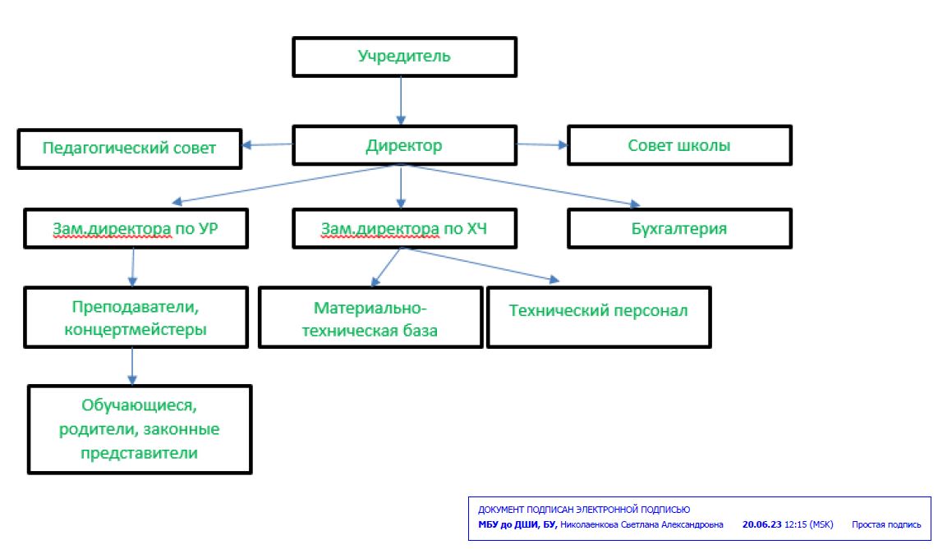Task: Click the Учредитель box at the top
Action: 404,57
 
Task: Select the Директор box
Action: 404,145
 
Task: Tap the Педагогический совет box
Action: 130,149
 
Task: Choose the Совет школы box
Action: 679,145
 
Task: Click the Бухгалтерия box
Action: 679,228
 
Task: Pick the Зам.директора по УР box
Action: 136,228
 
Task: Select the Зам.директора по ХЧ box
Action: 404,228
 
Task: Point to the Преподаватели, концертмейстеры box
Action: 136,318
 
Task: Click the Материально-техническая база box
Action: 371,318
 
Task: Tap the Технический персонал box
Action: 600,318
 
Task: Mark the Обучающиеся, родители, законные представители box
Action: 140,429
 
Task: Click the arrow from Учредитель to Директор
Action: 401,101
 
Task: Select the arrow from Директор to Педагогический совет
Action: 268,144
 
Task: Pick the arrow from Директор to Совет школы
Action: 542,144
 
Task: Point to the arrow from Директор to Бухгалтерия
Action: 520,185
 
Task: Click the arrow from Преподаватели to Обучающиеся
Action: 132,366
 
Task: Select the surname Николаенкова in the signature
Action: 589,524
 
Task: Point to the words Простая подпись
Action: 886,524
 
